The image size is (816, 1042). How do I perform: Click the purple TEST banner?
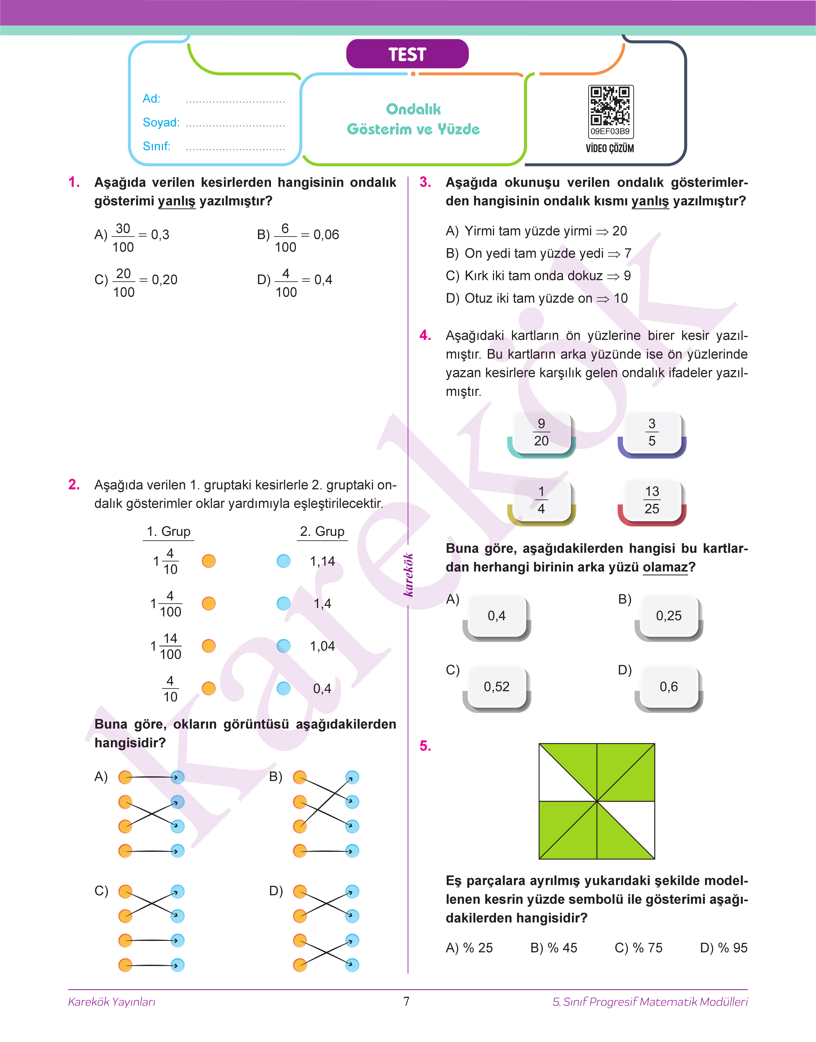pyautogui.click(x=407, y=54)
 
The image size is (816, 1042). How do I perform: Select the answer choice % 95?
pyautogui.click(x=723, y=948)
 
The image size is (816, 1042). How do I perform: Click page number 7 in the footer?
pyautogui.click(x=407, y=1001)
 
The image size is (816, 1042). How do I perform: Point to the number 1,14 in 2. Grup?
pyautogui.click(x=322, y=561)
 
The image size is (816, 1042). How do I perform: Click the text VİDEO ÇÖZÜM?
pyautogui.click(x=610, y=148)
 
